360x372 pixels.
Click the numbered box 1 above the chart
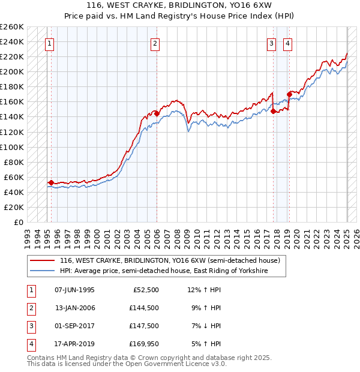tap(49, 43)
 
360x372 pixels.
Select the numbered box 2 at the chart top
tap(155, 43)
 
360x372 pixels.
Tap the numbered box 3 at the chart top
tap(271, 43)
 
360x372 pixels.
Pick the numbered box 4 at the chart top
tap(288, 43)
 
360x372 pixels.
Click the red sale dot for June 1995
tap(51, 182)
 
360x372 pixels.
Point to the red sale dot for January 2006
tap(157, 113)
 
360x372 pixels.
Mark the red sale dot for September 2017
tap(273, 111)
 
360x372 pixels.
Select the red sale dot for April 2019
tap(289, 94)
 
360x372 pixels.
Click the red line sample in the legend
tap(43, 261)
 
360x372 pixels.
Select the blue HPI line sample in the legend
tap(43, 271)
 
